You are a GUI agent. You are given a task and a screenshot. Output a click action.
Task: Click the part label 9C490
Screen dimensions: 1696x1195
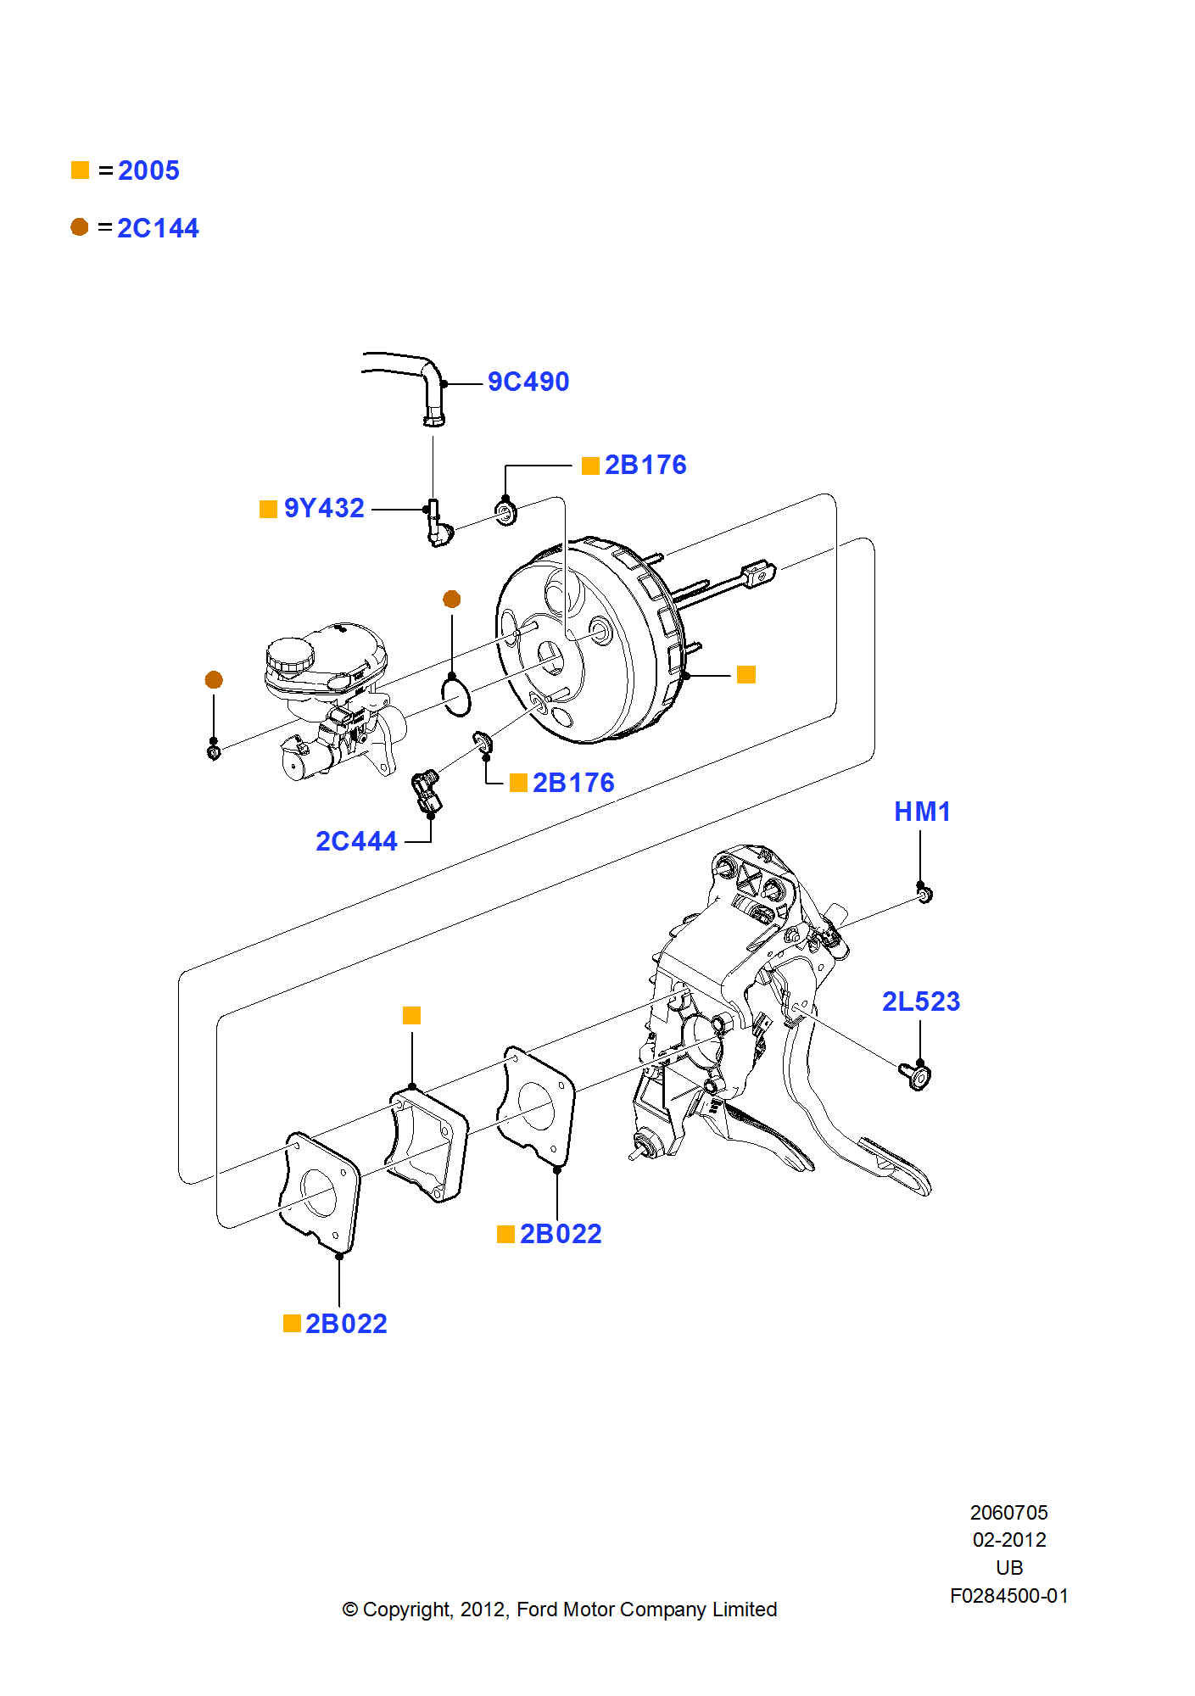(528, 382)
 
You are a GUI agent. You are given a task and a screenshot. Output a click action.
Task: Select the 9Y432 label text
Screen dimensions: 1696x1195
(323, 508)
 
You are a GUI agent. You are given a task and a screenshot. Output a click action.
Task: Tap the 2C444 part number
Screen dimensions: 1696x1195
(356, 841)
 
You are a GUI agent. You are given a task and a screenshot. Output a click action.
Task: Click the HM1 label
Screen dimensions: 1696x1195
(922, 812)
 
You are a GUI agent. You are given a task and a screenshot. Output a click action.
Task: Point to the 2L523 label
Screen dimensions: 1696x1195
(920, 1001)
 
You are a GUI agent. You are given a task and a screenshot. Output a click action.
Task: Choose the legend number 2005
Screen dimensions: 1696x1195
(148, 170)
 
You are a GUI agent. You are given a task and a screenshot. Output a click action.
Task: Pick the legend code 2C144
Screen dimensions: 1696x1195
(158, 228)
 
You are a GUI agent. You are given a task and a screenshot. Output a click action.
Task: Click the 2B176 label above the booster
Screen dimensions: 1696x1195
(645, 465)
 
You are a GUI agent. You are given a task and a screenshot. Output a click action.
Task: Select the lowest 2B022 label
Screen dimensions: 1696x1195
(346, 1324)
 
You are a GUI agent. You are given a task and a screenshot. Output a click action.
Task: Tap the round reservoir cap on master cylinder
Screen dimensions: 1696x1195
(289, 655)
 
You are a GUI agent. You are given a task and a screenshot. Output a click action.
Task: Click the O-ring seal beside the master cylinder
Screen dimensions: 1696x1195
(456, 696)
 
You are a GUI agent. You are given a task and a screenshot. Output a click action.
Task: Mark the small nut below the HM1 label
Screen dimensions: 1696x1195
(924, 894)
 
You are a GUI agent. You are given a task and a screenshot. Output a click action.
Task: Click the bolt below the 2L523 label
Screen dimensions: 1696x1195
(917, 1076)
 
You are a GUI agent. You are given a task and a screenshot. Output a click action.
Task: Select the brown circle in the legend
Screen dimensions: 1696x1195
(80, 227)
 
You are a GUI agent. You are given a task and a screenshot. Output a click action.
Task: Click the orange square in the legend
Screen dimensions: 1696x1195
(80, 170)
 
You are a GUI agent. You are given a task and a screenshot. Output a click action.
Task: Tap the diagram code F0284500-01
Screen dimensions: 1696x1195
(1008, 1596)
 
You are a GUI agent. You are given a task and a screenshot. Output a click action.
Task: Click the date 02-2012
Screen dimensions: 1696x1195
(1008, 1540)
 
